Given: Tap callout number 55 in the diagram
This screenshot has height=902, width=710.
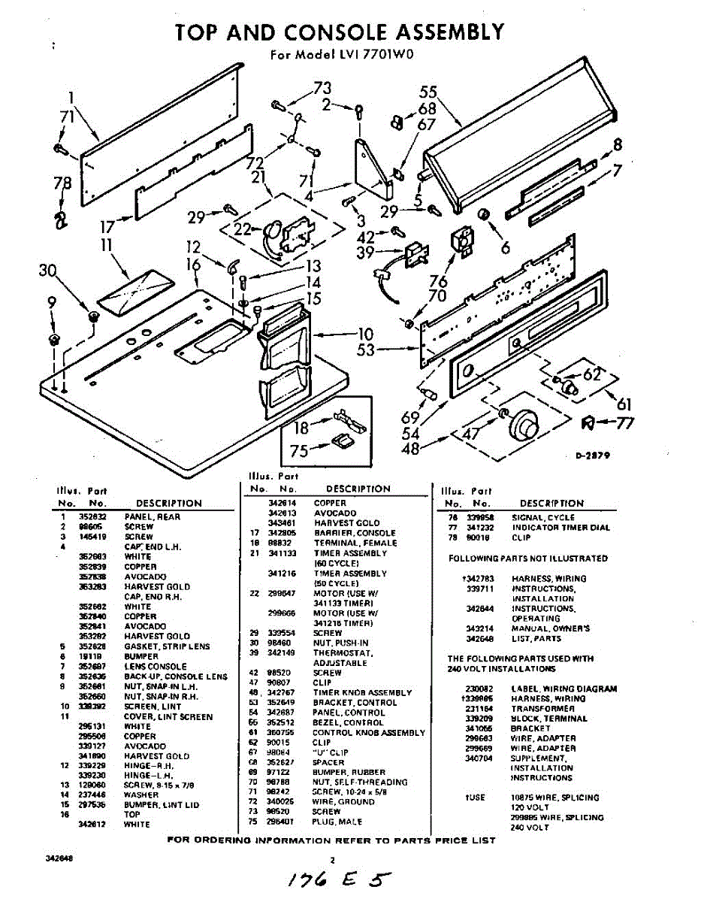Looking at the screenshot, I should pos(428,92).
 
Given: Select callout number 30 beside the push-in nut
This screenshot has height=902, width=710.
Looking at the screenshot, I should pos(48,271).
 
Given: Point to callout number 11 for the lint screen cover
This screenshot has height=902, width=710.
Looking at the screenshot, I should pos(106,244).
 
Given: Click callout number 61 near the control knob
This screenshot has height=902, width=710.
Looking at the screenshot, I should pos(624,404).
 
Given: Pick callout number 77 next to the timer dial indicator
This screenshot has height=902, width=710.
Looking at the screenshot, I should pos(624,423).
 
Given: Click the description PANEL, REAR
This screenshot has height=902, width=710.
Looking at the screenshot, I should pos(153,517).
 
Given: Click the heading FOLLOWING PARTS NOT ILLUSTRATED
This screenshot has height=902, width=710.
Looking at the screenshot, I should pos(527,558).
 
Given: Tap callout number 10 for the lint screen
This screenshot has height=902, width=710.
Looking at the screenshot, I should pos(365,334).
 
